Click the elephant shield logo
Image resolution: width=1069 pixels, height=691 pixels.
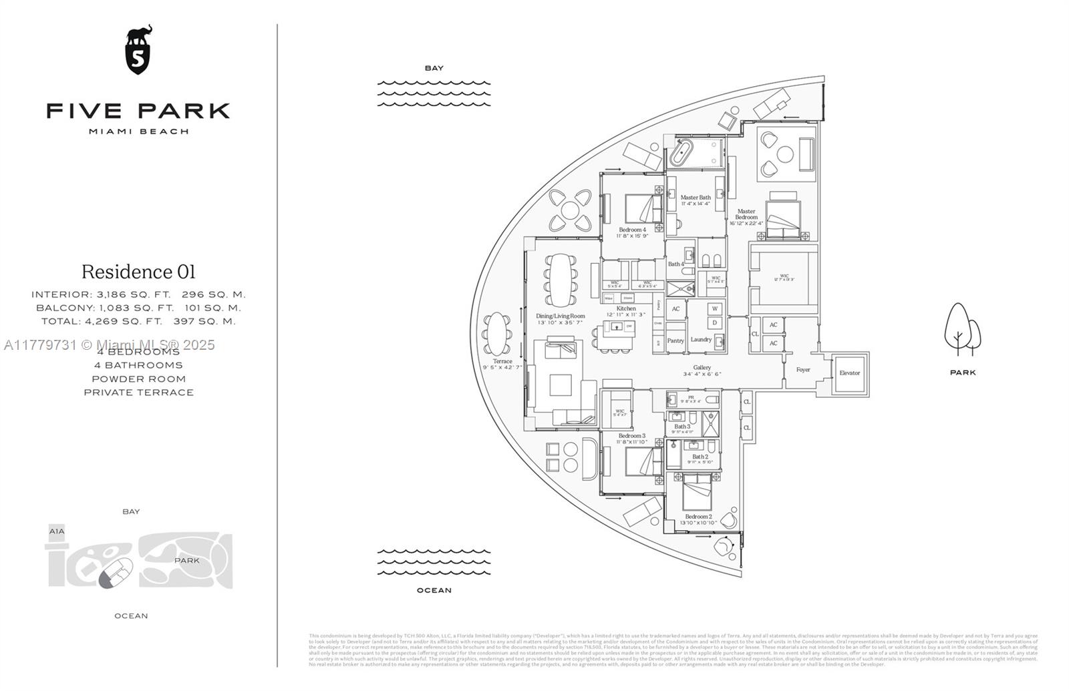pos(138,50)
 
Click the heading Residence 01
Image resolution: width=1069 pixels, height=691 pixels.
pos(138,272)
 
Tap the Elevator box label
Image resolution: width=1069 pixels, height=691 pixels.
pos(850,373)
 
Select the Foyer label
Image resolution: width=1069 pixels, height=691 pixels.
pos(803,370)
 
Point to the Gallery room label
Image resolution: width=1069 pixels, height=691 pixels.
pos(702,368)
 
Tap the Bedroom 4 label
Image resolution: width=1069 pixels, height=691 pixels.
pos(632,230)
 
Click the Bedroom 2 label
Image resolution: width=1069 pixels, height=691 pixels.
pos(698,517)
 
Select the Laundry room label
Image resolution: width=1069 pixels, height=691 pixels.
pos(701,339)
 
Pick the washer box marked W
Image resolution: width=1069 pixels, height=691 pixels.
pos(715,309)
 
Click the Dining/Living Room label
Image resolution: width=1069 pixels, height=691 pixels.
pos(560,316)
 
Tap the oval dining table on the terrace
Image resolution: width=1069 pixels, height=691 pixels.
pos(497,333)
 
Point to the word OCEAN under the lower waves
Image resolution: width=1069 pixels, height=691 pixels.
pos(434,590)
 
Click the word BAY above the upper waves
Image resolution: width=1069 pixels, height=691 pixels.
pos(434,68)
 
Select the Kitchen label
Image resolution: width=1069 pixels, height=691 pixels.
pos(626,308)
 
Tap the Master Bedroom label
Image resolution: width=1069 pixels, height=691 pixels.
pos(746,214)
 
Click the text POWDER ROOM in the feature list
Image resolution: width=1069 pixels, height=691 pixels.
pos(138,379)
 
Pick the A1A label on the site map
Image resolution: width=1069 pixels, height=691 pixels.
pos(57,531)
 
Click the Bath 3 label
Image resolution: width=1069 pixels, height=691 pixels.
pos(682,427)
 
